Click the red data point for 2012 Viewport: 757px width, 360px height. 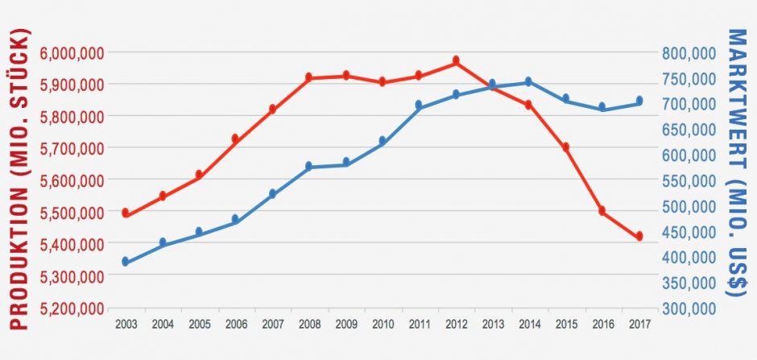click(x=456, y=60)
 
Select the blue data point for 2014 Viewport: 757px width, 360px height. click(x=528, y=81)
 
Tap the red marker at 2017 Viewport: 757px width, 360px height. click(x=639, y=236)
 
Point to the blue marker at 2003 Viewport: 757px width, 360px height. click(x=126, y=261)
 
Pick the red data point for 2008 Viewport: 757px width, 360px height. click(x=308, y=77)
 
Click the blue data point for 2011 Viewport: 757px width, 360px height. click(x=419, y=105)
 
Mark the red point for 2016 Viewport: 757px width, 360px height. click(x=602, y=210)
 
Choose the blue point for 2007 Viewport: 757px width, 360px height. click(x=272, y=193)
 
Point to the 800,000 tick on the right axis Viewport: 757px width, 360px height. click(x=689, y=53)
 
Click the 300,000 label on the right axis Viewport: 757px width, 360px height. click(x=689, y=308)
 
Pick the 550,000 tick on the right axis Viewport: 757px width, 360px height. click(x=689, y=180)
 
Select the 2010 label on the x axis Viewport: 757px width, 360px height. click(x=382, y=324)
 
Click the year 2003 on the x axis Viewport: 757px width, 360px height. click(x=126, y=324)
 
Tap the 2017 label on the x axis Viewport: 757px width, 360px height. click(x=639, y=324)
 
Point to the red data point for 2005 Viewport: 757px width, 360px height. click(x=199, y=174)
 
